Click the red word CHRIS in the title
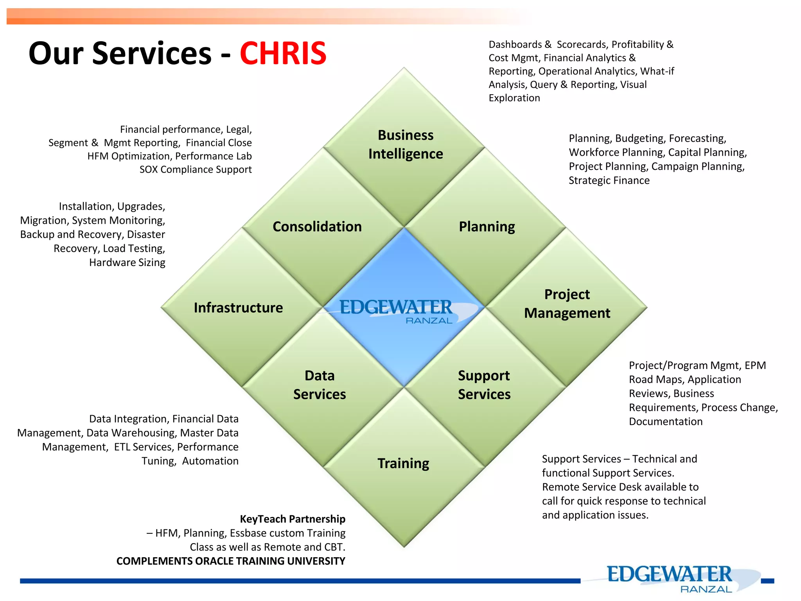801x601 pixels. tap(283, 53)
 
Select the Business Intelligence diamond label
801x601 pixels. tap(406, 144)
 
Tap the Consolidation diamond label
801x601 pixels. tap(317, 227)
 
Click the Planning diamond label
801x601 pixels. tap(487, 227)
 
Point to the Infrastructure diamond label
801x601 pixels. tap(238, 308)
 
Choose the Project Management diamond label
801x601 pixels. tap(567, 304)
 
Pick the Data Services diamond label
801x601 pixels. tap(320, 385)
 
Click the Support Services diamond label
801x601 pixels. tap(484, 385)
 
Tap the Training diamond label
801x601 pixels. tap(403, 463)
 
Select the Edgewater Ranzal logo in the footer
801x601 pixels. tap(670, 578)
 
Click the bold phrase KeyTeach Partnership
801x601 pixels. tap(293, 519)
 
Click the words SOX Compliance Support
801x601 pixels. tap(196, 169)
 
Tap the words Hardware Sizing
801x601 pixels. tap(127, 262)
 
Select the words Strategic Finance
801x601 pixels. tap(609, 180)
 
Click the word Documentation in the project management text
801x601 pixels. tap(666, 421)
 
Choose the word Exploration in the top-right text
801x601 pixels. tap(514, 98)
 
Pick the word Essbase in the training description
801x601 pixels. tap(248, 533)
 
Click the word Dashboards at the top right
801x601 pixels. tap(515, 45)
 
